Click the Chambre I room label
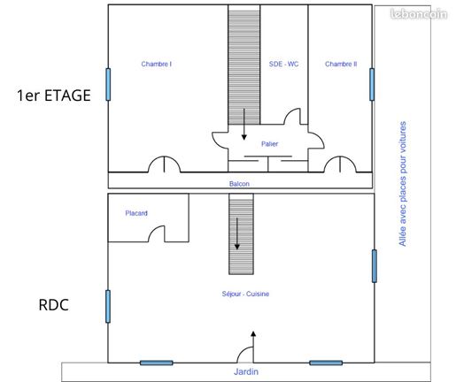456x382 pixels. pyautogui.click(x=157, y=64)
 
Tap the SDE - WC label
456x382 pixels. pyautogui.click(x=283, y=64)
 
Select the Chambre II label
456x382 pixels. pyautogui.click(x=341, y=64)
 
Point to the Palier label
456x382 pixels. pyautogui.click(x=269, y=144)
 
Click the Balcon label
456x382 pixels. pyautogui.click(x=239, y=184)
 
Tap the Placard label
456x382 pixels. pyautogui.click(x=136, y=213)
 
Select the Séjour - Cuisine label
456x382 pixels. pyautogui.click(x=245, y=294)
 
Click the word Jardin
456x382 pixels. pyautogui.click(x=246, y=371)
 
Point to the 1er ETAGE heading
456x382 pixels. pyautogui.click(x=54, y=95)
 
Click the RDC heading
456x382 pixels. pyautogui.click(x=54, y=305)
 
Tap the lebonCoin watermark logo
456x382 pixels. pyautogui.click(x=419, y=14)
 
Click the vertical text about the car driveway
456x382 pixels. pyautogui.click(x=403, y=184)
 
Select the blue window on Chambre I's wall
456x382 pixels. pyautogui.click(x=108, y=84)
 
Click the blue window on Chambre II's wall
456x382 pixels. pyautogui.click(x=372, y=84)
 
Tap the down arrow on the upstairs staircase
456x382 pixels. pyautogui.click(x=244, y=124)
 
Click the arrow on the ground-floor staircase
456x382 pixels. pyautogui.click(x=237, y=233)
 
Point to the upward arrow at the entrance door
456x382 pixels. pyautogui.click(x=253, y=347)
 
